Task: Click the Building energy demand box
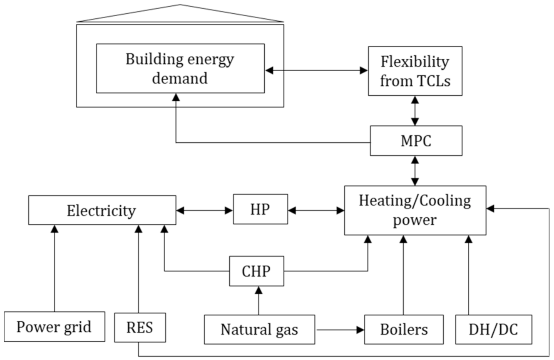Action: (x=180, y=68)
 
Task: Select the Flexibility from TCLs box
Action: (x=415, y=71)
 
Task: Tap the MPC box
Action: (x=416, y=141)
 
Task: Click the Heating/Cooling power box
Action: (x=415, y=210)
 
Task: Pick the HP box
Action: (x=260, y=209)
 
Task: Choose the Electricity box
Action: (x=102, y=210)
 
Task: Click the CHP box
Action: (x=256, y=271)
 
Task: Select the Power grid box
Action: (x=54, y=327)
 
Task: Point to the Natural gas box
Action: (x=259, y=329)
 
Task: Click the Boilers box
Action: (x=403, y=329)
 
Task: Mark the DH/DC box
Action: (x=493, y=329)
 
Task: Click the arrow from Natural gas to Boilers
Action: (x=339, y=330)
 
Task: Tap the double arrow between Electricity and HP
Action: (x=204, y=211)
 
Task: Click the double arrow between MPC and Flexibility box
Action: (x=415, y=111)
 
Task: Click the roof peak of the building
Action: (x=180, y=5)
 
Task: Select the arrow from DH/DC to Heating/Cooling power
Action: (x=469, y=275)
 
